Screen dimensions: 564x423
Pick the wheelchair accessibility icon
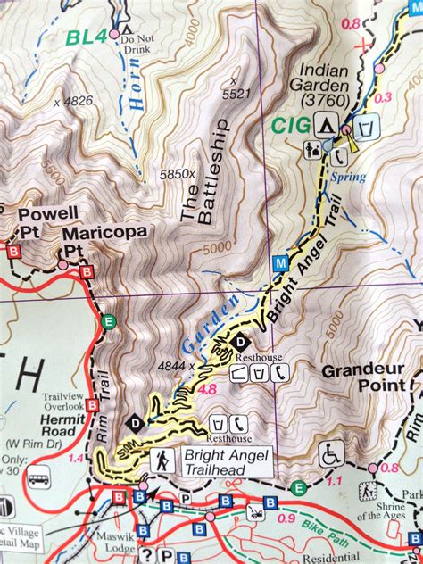pos(332,454)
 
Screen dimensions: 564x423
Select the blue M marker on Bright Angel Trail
pos(280,263)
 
